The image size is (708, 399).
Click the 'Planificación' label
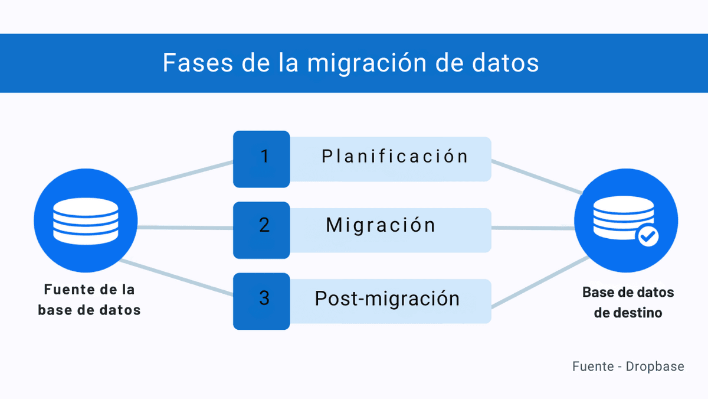tap(395, 157)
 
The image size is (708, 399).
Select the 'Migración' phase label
tap(381, 225)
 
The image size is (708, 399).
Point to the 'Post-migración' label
tap(387, 298)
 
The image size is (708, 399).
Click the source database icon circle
tap(86, 220)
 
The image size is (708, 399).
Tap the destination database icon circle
tap(627, 220)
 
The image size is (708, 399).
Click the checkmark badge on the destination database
tap(648, 236)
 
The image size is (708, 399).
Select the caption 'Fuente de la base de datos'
tap(89, 300)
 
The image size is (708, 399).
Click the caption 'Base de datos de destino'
tap(628, 302)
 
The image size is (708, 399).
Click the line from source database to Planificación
tap(180, 176)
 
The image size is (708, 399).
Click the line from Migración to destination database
tap(533, 228)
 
